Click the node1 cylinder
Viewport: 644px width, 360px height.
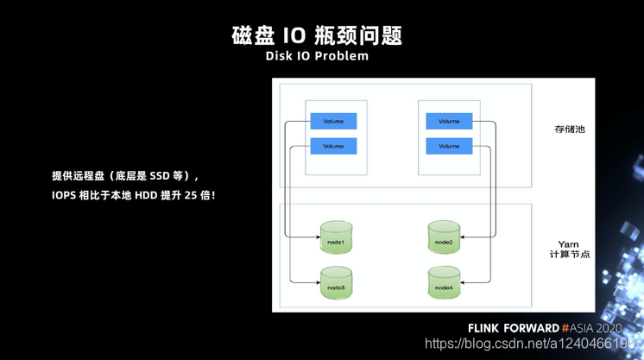coord(337,237)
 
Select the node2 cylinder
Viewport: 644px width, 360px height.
coord(444,237)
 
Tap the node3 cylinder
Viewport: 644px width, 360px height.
coord(337,283)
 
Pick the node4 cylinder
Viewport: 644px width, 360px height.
coord(444,283)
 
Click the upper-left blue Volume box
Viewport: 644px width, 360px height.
coord(333,121)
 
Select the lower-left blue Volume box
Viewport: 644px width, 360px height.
coord(333,146)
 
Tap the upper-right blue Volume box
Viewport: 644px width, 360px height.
coord(449,121)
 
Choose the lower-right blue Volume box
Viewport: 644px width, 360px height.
coord(449,146)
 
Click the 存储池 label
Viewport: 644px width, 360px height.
coord(570,129)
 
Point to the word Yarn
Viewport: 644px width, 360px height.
coord(568,244)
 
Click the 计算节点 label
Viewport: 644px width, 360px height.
coord(570,255)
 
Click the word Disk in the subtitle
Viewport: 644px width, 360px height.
coord(279,56)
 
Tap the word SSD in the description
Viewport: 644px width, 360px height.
coord(160,176)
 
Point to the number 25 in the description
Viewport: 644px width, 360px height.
coord(191,195)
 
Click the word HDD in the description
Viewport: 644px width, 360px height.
coord(146,195)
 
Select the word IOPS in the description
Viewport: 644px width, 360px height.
coord(64,195)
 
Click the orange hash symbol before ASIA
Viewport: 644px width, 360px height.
coord(565,328)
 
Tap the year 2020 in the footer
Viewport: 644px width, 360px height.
coord(609,328)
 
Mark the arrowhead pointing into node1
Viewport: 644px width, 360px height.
coord(318,237)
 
